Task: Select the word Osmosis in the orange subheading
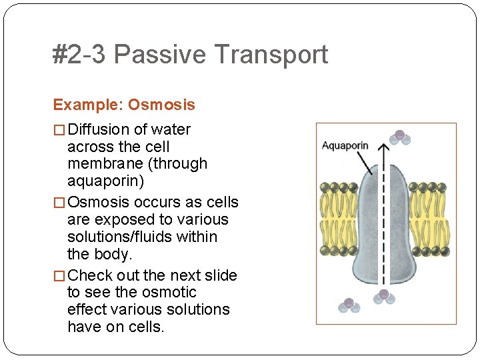161,105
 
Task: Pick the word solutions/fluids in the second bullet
142,237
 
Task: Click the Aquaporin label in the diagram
345,145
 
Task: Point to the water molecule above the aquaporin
399,137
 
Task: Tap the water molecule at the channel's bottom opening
383,296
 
